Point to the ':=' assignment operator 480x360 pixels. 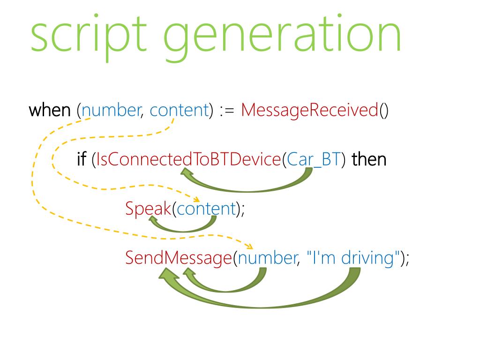tap(227, 111)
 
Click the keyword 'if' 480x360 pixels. tap(82, 159)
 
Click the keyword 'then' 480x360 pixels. tap(369, 159)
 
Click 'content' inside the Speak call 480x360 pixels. tap(205, 208)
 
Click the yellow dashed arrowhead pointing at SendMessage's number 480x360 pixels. tap(249, 247)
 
